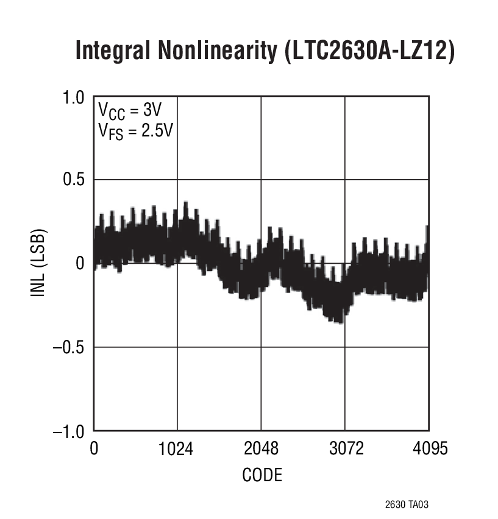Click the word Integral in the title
[x=115, y=51]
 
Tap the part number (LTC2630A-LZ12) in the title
[x=368, y=51]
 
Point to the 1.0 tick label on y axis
[x=75, y=97]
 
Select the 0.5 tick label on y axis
[x=75, y=180]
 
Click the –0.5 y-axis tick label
[x=70, y=347]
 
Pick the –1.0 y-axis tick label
[x=70, y=431]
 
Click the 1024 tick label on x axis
[x=177, y=449]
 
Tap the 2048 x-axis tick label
[x=261, y=449]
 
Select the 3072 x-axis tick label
[x=346, y=449]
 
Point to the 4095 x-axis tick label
[x=429, y=449]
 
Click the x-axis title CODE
[x=262, y=475]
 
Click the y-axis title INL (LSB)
[x=38, y=263]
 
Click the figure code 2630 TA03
[x=411, y=505]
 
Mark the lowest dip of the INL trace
[x=337, y=322]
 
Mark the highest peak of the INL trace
[x=185, y=203]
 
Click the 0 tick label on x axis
[x=94, y=449]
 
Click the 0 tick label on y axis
[x=80, y=264]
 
